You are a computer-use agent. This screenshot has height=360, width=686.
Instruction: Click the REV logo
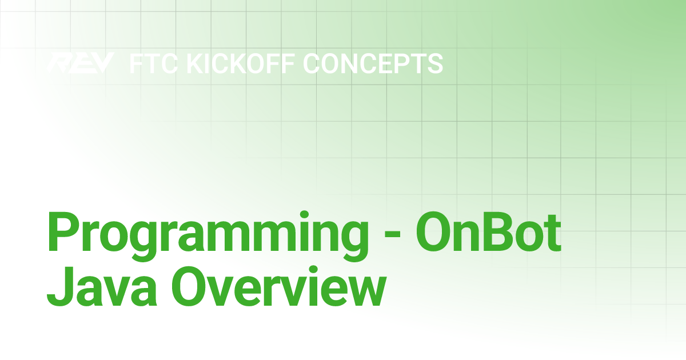click(x=81, y=63)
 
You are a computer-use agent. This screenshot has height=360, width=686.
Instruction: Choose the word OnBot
click(x=488, y=231)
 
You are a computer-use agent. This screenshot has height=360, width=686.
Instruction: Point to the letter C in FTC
click(x=171, y=63)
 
